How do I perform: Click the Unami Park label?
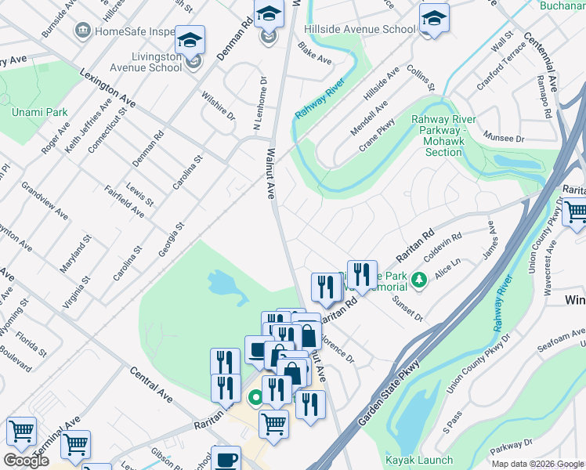(39, 112)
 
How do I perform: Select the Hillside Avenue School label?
(360, 29)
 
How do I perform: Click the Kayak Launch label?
(419, 460)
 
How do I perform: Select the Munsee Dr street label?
(504, 138)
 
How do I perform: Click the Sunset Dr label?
(407, 310)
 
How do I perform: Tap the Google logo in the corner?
(26, 461)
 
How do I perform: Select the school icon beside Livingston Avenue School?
(190, 41)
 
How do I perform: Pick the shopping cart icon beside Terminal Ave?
(75, 444)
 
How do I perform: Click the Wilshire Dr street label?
(219, 104)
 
